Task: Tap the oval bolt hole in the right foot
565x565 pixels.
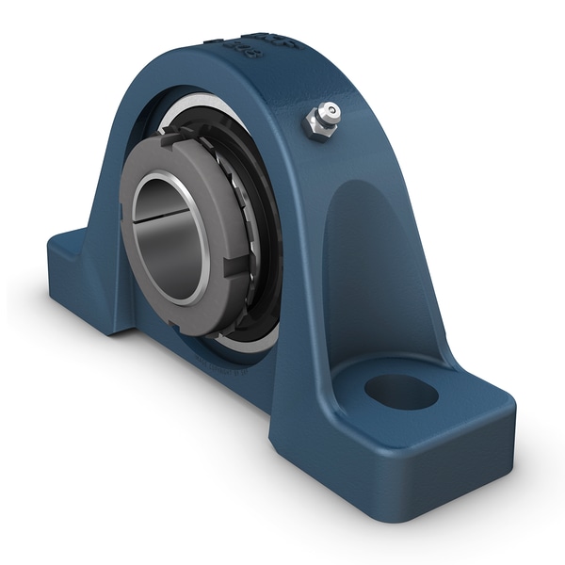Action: click(x=402, y=391)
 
